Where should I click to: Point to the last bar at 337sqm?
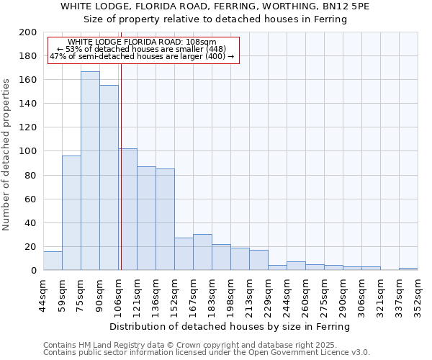click(408, 269)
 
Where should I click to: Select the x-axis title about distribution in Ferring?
click(230, 327)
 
